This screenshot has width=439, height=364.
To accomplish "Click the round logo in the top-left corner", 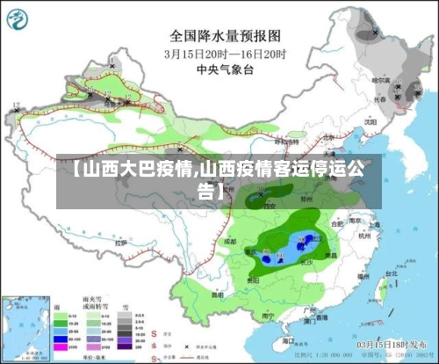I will coord(18,18).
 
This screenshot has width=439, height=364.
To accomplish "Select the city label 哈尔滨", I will coord(380,80).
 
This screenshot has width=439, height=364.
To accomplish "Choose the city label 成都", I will coord(230,239).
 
